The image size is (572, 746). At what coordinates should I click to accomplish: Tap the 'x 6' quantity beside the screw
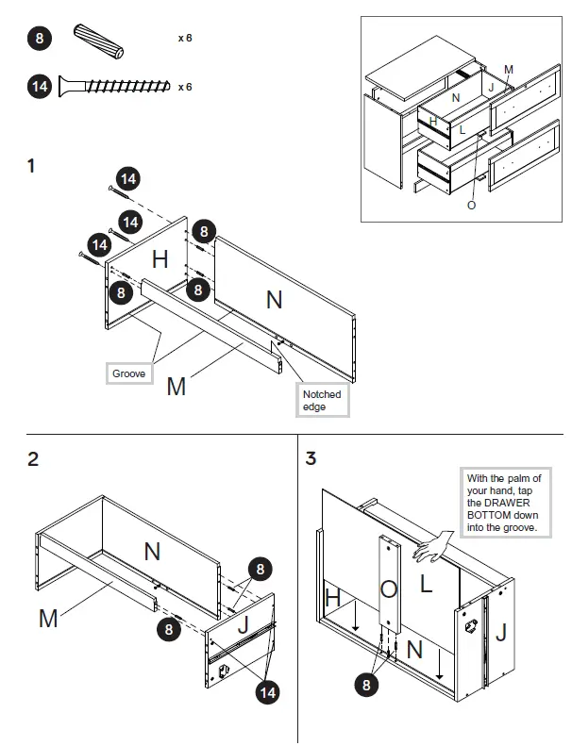(185, 87)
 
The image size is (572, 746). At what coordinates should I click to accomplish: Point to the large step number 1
(32, 167)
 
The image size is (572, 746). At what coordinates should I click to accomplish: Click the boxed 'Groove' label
(128, 374)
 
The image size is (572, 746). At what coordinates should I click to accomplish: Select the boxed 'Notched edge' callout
(322, 400)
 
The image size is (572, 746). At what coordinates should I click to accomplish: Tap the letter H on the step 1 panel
(160, 258)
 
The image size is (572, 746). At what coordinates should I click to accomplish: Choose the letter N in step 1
(274, 300)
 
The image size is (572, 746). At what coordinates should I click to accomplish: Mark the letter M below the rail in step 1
(177, 386)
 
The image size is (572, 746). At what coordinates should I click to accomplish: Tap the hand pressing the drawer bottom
(434, 545)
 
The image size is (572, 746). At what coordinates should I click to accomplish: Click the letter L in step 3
(426, 584)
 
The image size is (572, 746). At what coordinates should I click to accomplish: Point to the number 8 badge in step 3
(367, 685)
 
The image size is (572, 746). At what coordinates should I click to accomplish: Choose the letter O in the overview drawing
(471, 206)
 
